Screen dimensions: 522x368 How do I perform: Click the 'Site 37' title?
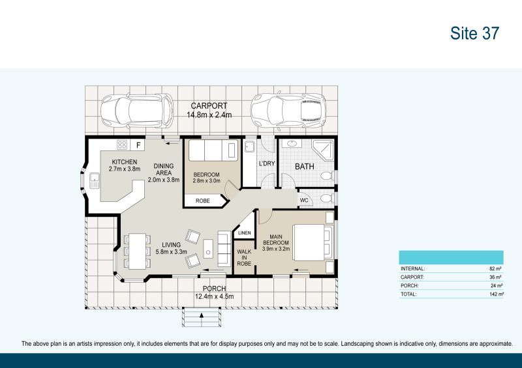click(x=475, y=33)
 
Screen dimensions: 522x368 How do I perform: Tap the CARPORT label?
click(x=209, y=106)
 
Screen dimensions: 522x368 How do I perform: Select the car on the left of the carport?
click(x=137, y=111)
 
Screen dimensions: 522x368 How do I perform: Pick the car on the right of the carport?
click(x=288, y=110)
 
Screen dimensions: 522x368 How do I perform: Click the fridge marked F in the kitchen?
click(x=138, y=145)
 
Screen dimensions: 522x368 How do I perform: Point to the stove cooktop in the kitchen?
click(x=122, y=145)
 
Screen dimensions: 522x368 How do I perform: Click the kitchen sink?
click(x=95, y=181)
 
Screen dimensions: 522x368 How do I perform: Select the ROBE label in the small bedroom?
click(x=202, y=201)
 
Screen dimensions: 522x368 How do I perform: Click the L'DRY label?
click(x=267, y=163)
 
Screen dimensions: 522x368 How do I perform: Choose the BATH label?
click(x=305, y=166)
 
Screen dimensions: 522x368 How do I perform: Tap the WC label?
click(x=304, y=200)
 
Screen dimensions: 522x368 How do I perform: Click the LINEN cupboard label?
click(x=244, y=233)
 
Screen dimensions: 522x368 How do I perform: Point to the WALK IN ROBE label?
click(x=244, y=258)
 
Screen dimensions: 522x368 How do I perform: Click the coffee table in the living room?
click(x=208, y=249)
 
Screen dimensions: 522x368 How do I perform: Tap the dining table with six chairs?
click(x=137, y=251)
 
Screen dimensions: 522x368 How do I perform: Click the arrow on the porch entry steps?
click(x=202, y=315)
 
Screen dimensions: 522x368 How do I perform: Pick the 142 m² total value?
click(x=496, y=294)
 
